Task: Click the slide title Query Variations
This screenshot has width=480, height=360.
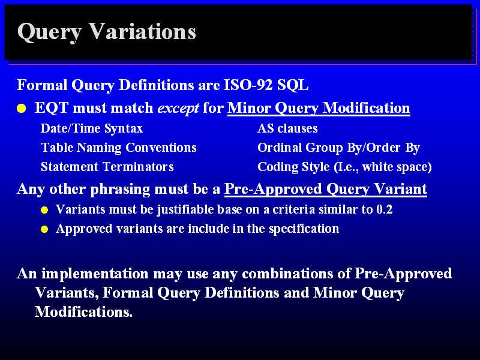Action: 107,32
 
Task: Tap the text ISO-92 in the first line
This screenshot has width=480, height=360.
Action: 248,85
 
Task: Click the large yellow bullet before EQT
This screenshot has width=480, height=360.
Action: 22,109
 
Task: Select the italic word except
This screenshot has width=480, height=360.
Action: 178,109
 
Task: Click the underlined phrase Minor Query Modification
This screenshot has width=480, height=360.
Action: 319,109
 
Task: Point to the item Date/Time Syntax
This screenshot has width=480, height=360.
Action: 92,129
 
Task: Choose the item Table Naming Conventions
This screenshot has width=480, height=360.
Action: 119,148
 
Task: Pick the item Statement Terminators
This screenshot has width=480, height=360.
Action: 107,167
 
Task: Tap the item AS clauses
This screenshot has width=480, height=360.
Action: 287,128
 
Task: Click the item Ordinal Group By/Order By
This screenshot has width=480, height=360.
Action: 338,148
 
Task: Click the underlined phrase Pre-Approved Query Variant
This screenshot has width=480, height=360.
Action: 326,189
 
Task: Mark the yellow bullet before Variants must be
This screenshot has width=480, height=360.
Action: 44,210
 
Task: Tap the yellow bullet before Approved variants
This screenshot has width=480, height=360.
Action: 44,229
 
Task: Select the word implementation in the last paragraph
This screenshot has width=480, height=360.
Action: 95,274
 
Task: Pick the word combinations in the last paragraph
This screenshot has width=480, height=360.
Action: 287,274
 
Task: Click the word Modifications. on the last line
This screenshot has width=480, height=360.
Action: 83,311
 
